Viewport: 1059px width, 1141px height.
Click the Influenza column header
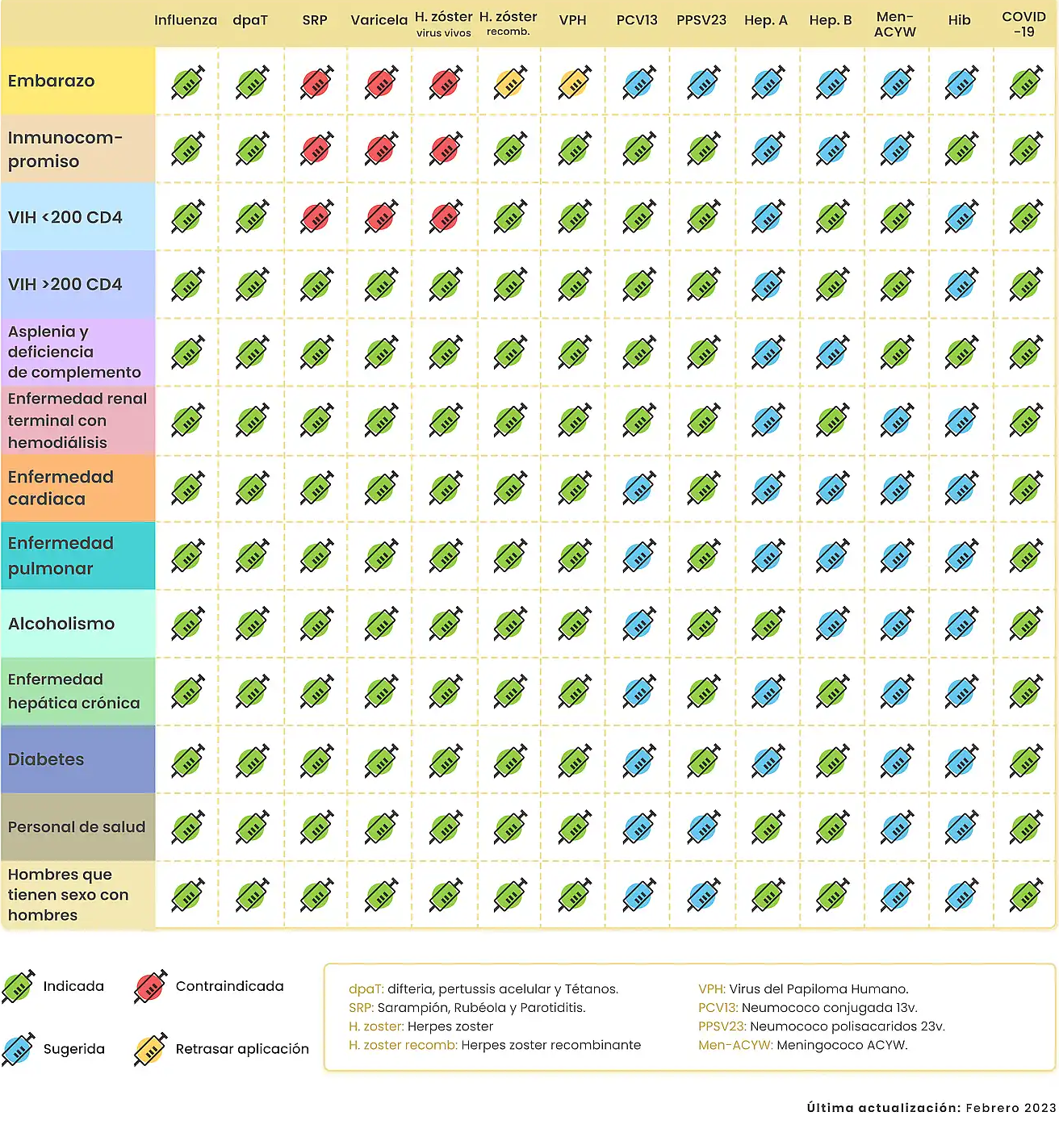[186, 20]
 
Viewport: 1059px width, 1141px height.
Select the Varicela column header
[379, 20]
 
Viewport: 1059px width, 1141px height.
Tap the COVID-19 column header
[1023, 24]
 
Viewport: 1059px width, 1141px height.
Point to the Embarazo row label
[52, 81]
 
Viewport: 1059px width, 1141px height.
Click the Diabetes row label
[46, 759]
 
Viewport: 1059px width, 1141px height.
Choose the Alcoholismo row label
[61, 624]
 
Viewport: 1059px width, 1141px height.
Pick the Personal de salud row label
[77, 827]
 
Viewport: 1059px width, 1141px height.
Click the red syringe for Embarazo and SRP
[316, 82]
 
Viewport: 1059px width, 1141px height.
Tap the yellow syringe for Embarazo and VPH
[574, 82]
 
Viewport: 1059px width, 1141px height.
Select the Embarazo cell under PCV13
[638, 82]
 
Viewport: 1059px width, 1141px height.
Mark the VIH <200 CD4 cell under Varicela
[380, 217]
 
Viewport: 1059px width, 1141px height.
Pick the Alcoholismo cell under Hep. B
[831, 625]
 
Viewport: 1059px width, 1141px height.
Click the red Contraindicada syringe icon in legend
[150, 986]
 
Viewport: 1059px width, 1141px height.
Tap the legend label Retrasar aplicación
[242, 1049]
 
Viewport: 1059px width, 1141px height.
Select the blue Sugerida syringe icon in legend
[18, 1049]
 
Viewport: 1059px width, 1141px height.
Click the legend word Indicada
[73, 986]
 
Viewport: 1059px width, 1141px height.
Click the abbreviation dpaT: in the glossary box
[366, 989]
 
